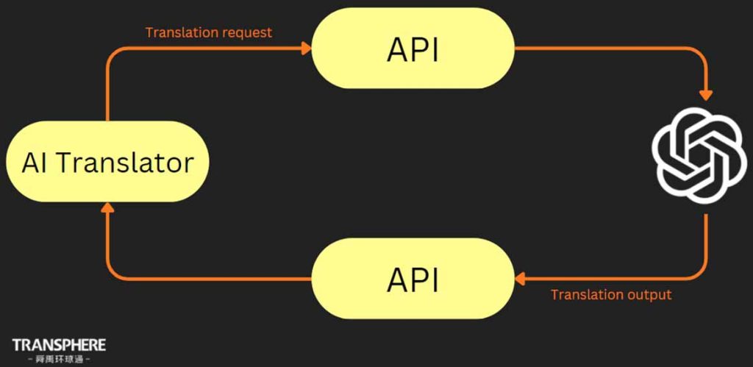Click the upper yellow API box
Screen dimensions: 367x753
point(413,49)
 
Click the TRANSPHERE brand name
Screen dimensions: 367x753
point(59,344)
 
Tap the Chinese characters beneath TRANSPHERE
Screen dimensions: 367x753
point(59,360)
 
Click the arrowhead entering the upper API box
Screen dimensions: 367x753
point(307,49)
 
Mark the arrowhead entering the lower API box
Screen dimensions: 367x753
point(519,278)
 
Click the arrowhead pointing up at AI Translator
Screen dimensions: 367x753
point(107,208)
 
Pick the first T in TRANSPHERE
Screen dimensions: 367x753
point(16,344)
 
